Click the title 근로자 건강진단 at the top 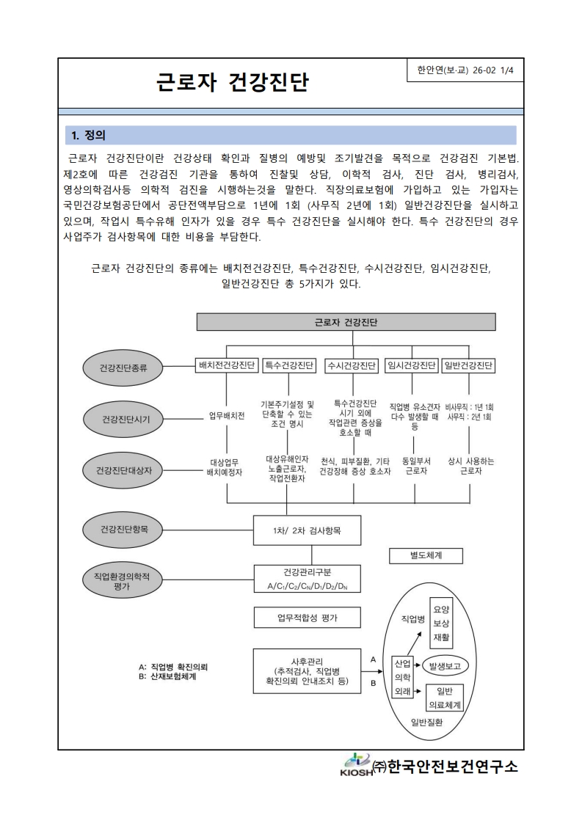(x=232, y=82)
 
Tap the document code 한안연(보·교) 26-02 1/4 (x=464, y=70)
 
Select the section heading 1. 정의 (x=88, y=135)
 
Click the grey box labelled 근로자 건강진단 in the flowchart (x=346, y=322)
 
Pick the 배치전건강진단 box (x=226, y=365)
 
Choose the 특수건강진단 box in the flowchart (x=288, y=365)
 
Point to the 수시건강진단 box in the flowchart (x=352, y=365)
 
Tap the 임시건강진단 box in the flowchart (x=412, y=365)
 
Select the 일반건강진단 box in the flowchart (x=468, y=365)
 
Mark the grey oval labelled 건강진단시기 (x=124, y=419)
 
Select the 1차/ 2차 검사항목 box (x=308, y=530)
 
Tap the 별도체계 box (x=426, y=555)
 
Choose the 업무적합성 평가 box (x=308, y=618)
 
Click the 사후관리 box (x=308, y=670)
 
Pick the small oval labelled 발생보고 (x=445, y=666)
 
